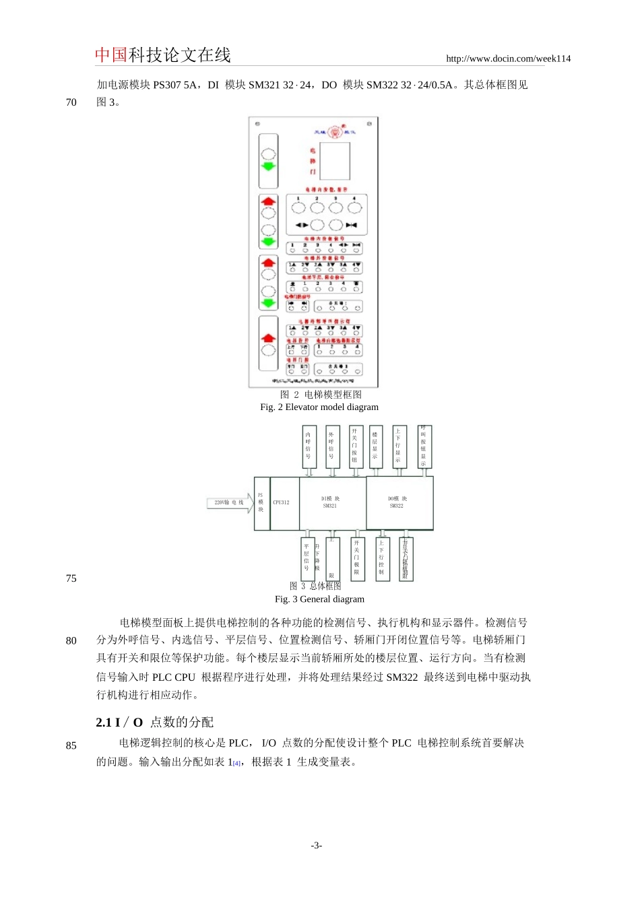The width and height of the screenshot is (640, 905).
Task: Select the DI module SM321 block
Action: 330,502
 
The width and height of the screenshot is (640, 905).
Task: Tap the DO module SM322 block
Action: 399,502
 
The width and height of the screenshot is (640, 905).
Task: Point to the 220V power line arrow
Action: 230,502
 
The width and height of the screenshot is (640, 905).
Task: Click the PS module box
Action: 261,502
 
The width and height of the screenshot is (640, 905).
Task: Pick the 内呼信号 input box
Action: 309,446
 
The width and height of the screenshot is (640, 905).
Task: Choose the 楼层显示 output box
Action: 375,446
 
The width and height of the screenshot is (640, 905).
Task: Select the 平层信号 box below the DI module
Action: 307,558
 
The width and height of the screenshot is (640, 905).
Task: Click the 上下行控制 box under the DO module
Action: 381,558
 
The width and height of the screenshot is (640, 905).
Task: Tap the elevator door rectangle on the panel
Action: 335,160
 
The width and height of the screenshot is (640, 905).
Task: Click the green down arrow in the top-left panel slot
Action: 269,166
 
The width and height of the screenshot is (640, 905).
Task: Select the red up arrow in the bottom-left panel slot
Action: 269,337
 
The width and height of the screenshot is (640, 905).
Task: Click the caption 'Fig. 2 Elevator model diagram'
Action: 319,407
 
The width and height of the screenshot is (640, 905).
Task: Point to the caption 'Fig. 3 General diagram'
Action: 319,599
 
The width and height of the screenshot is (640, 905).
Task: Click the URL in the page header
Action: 508,59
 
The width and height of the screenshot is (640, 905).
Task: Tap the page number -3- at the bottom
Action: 317,846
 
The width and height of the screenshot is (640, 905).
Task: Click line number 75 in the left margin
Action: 71,578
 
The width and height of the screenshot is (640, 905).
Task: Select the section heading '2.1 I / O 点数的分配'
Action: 155,723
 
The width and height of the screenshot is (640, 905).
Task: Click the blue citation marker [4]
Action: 236,764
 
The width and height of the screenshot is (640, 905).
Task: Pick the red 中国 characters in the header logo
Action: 111,55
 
